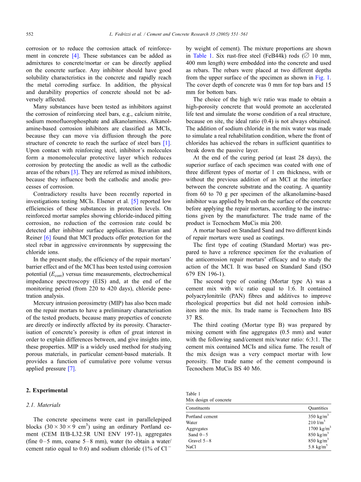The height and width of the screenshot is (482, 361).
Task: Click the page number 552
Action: coord(29,34)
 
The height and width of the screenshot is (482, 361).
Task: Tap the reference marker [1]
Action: coord(167,143)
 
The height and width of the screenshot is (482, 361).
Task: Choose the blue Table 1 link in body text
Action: coord(202,56)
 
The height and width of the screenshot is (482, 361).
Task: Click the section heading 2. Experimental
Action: coord(46,390)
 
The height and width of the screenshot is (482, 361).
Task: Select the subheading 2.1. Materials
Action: coord(43,405)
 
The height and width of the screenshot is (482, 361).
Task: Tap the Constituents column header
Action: coord(198,408)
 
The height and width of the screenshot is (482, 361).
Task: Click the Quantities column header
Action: coord(318,408)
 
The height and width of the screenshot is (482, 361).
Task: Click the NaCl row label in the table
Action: coord(191,447)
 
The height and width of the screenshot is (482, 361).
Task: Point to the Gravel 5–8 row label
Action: coord(200,441)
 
